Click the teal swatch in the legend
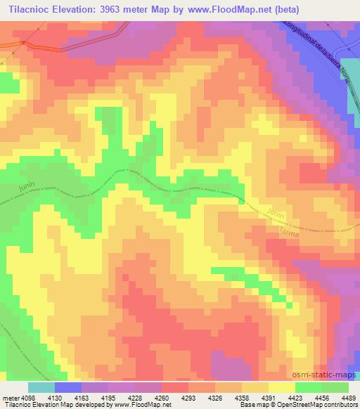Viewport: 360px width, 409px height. pos(41,387)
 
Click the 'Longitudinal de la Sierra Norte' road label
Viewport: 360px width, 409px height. pos(316,53)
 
